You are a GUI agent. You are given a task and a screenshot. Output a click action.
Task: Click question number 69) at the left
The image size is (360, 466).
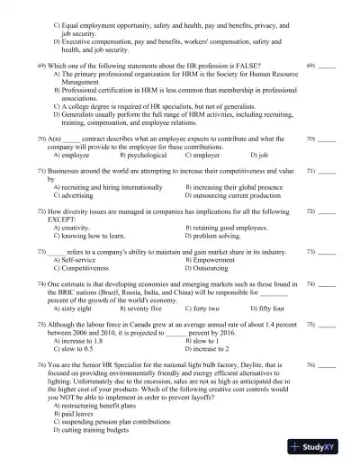click(41, 67)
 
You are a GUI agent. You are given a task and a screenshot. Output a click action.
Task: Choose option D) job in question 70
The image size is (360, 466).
click(259, 156)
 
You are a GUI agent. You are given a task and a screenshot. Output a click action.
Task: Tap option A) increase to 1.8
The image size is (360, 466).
click(82, 341)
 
